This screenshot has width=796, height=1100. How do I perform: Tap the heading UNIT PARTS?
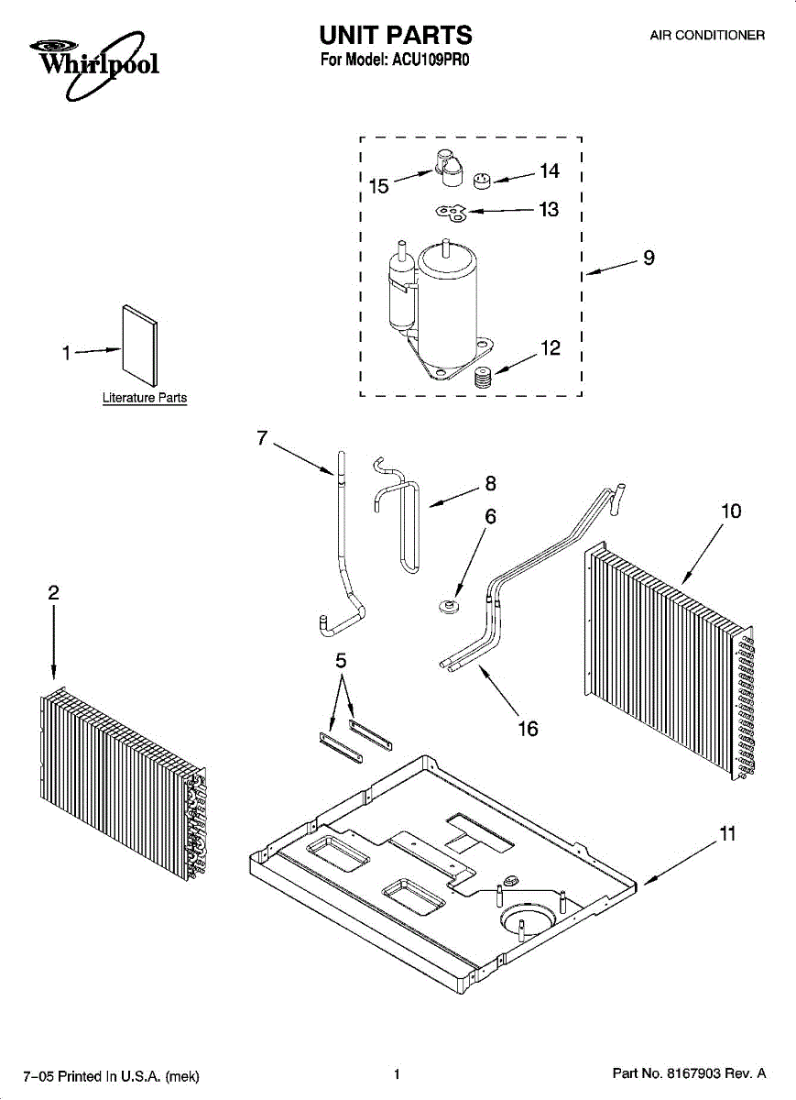coord(396,35)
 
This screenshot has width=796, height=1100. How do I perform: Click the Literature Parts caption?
coord(144,398)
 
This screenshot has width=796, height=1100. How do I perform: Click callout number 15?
coord(378,186)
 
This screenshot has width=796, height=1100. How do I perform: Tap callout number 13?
coord(548,210)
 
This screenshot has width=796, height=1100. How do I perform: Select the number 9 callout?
coord(649,258)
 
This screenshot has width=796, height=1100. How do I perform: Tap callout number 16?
coord(527,729)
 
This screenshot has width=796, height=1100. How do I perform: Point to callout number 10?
coord(731,511)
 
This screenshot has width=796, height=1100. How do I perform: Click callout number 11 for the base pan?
coord(727,834)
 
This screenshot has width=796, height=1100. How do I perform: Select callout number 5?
coord(341,661)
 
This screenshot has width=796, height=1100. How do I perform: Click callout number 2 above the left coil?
coord(53,593)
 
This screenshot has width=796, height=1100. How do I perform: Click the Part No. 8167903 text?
coord(687,1074)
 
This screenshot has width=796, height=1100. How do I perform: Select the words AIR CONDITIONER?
coord(707,36)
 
